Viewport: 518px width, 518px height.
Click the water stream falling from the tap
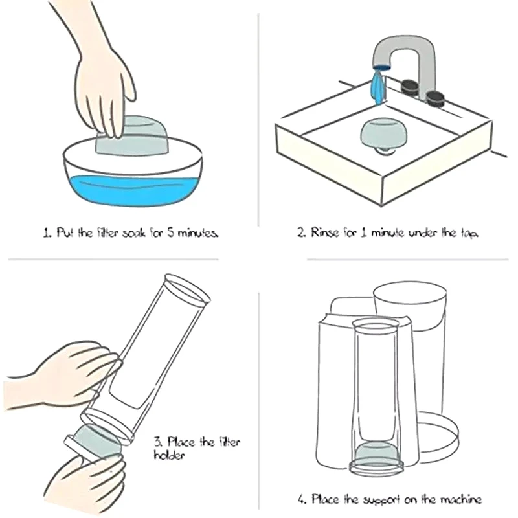[378, 87]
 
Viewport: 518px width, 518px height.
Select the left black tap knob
[410, 87]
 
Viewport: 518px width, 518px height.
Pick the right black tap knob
[435, 98]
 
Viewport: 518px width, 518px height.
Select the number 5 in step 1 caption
[170, 232]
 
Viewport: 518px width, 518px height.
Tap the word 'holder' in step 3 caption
[169, 456]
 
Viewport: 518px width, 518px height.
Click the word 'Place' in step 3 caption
[181, 442]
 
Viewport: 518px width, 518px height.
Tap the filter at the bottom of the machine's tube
[376, 451]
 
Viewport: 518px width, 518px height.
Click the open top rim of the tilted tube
[187, 289]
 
